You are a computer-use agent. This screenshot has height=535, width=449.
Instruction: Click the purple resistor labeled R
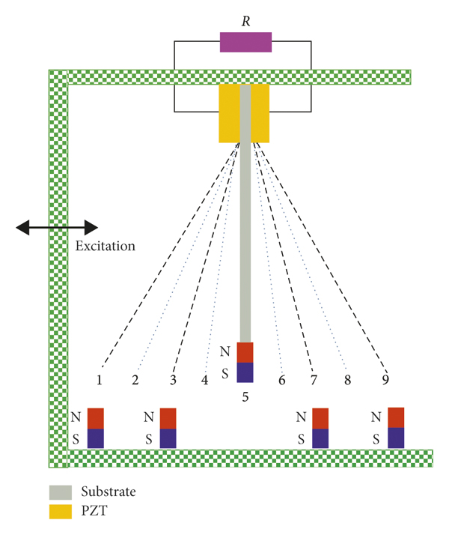coord(245,42)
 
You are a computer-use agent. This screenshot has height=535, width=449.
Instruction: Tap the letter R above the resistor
coord(245,20)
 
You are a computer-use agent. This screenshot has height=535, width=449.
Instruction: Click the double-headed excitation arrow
coord(58,226)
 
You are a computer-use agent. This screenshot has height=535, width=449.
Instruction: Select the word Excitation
coord(106,245)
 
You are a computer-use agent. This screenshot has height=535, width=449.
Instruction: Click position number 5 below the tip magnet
coord(245,397)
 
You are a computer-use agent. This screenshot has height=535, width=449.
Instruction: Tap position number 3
coord(172,380)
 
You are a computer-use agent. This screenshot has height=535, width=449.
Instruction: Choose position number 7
coord(313,380)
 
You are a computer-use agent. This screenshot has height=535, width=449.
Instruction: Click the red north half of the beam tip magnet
coord(245,352)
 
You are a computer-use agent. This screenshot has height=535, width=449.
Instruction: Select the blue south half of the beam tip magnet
coord(245,372)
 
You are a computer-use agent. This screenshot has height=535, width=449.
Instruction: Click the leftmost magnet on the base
coord(97,429)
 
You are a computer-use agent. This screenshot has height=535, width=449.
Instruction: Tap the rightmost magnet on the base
coord(396,428)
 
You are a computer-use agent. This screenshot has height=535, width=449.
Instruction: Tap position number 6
coord(281,380)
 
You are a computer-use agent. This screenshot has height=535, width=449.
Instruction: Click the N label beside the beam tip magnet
coord(224,351)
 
